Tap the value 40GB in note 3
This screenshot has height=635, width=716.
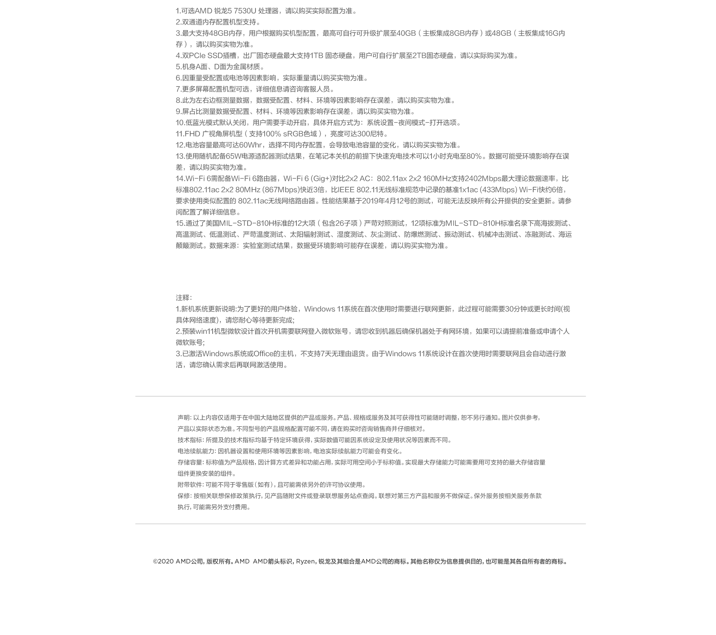click(406, 33)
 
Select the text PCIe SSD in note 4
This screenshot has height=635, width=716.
click(205, 56)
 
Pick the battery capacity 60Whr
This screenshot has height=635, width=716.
click(250, 145)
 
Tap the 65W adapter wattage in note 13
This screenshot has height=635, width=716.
click(233, 156)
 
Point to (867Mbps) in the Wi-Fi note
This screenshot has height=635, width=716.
click(282, 190)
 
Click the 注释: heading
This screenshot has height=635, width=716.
click(184, 298)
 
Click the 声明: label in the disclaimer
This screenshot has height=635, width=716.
click(184, 418)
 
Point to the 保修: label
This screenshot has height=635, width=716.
click(184, 496)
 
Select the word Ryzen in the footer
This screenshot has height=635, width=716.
click(305, 562)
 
